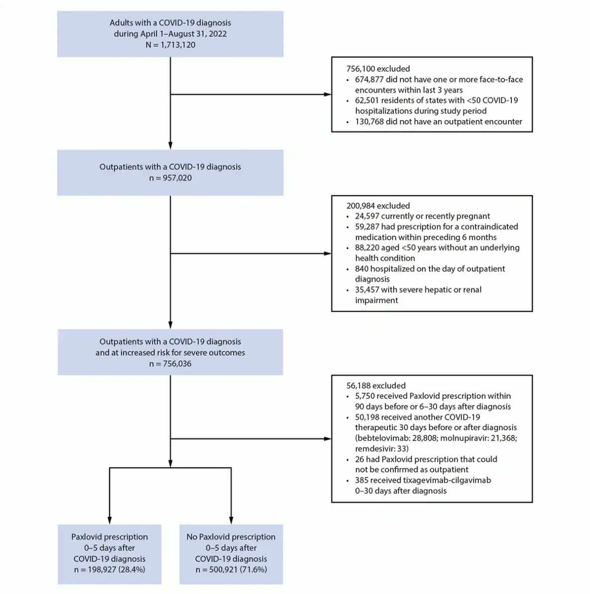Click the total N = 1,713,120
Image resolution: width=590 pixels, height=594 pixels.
coord(170,45)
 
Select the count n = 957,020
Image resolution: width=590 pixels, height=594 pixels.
coord(170,178)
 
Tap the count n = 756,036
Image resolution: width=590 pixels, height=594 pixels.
coord(170,364)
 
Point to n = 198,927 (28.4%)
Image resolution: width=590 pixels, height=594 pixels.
coord(110,570)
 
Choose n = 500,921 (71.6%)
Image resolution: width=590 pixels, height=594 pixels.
coord(231,570)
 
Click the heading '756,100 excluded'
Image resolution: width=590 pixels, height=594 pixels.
coord(378,69)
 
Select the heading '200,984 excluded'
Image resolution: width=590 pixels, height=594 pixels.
coord(378,206)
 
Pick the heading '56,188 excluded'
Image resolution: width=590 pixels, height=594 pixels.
coord(376,386)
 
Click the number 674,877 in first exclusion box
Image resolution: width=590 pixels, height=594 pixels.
coord(369,80)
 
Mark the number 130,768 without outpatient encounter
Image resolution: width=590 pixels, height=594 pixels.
coord(369,122)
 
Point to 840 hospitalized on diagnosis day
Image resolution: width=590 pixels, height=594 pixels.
coord(361,269)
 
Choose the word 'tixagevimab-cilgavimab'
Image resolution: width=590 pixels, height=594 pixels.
coord(448,480)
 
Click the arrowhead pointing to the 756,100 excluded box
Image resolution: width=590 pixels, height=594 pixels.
coord(327,94)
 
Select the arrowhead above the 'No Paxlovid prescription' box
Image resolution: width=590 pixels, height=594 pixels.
coord(231,520)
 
